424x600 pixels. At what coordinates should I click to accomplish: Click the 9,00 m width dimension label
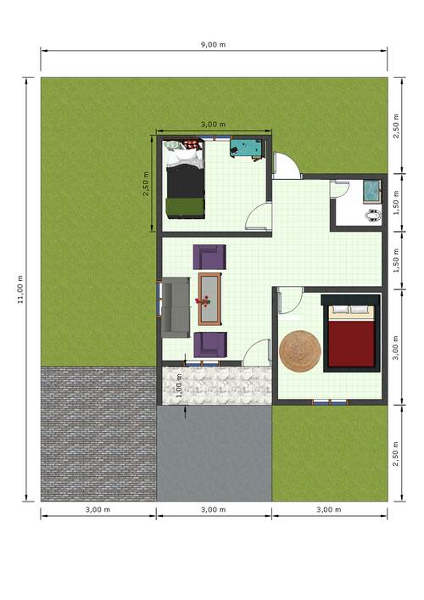212,44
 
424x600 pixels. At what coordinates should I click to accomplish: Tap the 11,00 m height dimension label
20,288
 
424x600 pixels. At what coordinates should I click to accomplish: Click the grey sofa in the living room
177,306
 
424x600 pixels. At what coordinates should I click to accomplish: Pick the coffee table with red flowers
209,299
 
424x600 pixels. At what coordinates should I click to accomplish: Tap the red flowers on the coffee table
204,300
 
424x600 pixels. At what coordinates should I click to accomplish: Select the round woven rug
300,351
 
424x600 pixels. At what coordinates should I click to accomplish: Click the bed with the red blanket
350,333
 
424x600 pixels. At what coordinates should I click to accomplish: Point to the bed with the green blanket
185,182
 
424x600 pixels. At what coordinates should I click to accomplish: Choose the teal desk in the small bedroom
248,149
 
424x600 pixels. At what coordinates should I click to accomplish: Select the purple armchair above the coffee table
210,257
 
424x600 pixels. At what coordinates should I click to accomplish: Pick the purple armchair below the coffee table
210,344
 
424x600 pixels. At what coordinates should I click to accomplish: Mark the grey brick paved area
98,433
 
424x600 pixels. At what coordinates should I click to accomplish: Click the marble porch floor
215,384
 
